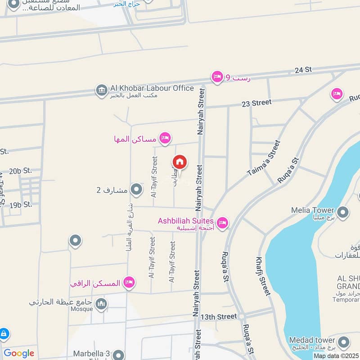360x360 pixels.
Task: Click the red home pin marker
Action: coord(180,162)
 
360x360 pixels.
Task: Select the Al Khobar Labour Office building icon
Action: coord(101,90)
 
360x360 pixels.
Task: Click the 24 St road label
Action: coord(303,70)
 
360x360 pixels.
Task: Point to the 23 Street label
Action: coord(256,103)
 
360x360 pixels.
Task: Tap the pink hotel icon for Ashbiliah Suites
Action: coord(222,223)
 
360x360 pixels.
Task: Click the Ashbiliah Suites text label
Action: coord(185,221)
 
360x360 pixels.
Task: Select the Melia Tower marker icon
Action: coord(343,211)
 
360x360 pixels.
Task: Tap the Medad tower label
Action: coord(312,340)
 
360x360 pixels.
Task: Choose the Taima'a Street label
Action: coord(264,158)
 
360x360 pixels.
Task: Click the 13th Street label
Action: coord(219,317)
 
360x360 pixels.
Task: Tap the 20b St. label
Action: coord(21,171)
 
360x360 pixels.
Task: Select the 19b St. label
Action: coord(21,205)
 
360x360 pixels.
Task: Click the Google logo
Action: coord(19,353)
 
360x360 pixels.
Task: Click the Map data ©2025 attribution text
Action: coord(336,356)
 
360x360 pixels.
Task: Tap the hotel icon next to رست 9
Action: coord(217,76)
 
